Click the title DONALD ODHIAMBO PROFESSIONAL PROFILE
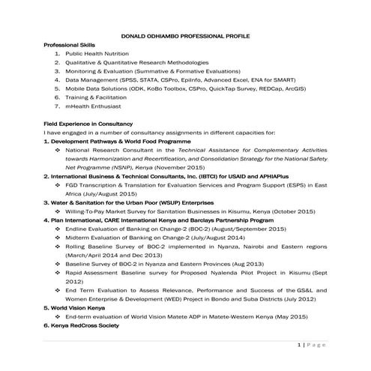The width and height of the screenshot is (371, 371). click(185, 36)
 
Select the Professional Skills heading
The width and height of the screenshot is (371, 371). click(73, 45)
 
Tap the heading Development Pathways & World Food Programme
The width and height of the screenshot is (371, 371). click(109, 141)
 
